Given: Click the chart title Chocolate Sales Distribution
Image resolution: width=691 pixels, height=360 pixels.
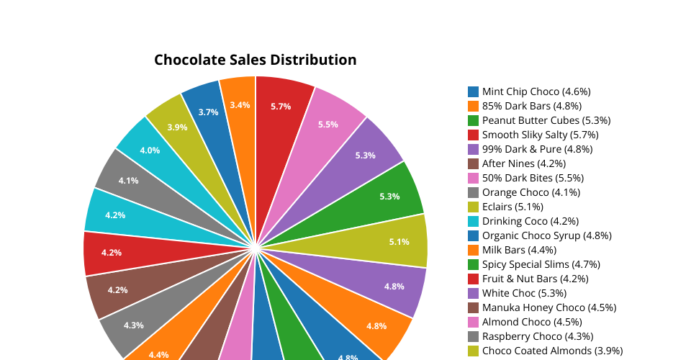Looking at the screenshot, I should coord(255,60).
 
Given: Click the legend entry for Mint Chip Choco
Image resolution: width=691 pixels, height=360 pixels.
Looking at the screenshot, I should coord(536,91).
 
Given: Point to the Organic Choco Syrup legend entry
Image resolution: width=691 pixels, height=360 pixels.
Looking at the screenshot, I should coord(546,235).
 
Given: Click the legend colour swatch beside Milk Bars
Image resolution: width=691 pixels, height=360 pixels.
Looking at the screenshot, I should coord(474,250).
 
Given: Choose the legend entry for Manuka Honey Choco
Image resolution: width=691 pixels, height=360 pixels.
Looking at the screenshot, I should coord(549,307).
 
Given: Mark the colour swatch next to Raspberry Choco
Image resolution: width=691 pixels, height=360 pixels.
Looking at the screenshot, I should coord(474,336).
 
